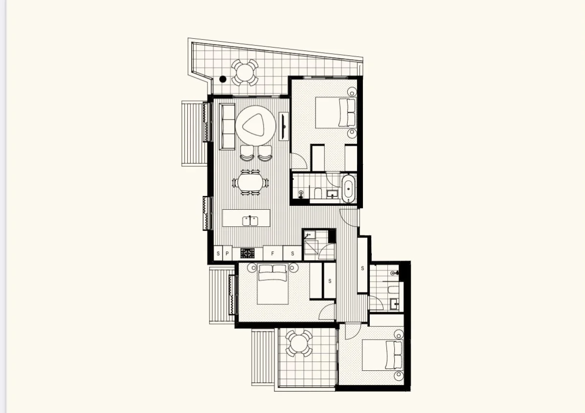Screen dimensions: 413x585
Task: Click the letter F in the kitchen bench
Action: click(272, 253)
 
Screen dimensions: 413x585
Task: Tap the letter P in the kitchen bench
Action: click(227, 253)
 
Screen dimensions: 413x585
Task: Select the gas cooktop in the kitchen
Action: click(247, 253)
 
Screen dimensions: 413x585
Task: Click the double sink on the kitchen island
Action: click(250, 220)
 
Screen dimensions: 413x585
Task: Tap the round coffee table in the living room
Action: click(253, 126)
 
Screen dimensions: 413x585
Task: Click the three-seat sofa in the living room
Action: click(227, 126)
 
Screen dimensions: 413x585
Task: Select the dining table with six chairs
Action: click(250, 183)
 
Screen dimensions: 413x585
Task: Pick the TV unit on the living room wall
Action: click(284, 126)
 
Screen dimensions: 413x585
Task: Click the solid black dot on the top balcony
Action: click(223, 79)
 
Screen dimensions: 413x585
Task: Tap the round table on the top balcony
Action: click(244, 73)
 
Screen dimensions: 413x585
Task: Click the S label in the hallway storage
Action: click(362, 268)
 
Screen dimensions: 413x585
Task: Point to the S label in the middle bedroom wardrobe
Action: click(330, 281)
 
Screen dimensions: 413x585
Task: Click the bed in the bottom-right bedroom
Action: click(382, 355)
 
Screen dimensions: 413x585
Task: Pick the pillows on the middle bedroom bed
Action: click(272, 269)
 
